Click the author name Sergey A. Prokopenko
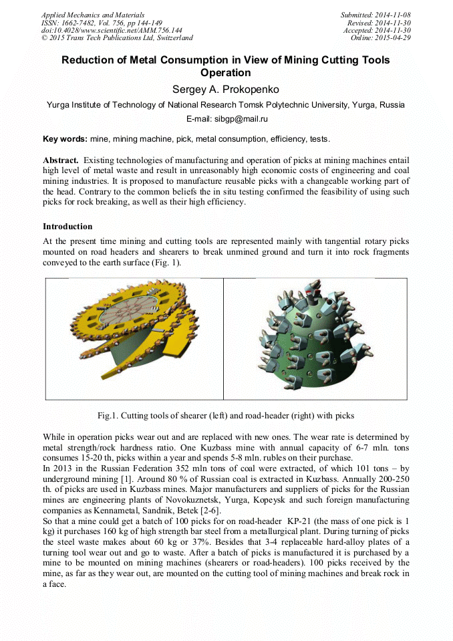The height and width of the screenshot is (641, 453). [x=226, y=88]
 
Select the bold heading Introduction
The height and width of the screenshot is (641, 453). [x=67, y=227]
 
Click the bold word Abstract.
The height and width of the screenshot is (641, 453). [x=61, y=160]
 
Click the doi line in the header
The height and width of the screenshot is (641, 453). [x=112, y=30]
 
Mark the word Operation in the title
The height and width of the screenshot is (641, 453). [x=226, y=73]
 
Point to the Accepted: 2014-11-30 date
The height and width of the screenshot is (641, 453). [x=377, y=30]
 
